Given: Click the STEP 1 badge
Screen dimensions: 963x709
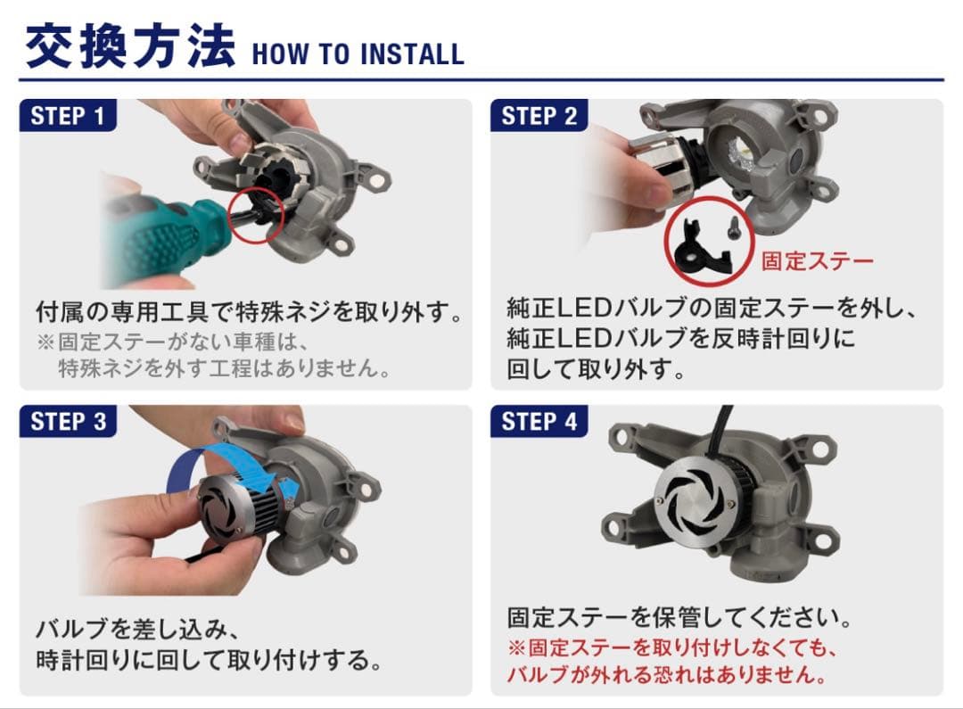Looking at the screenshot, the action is click(x=68, y=115).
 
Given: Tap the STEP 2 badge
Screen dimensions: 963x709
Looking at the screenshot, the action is click(x=539, y=115).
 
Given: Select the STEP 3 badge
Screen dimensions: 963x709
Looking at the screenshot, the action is click(x=68, y=421).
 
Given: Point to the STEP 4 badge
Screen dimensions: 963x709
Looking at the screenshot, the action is click(x=539, y=421).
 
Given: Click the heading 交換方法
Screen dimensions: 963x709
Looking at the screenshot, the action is click(x=130, y=46).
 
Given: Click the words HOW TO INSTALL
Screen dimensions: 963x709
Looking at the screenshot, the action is click(x=358, y=54).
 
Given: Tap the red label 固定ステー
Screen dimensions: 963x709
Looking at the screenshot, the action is click(x=817, y=260).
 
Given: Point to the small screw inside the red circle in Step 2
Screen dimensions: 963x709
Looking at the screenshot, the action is click(x=734, y=227).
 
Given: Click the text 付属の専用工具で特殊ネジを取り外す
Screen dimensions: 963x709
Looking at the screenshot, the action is click(x=250, y=312).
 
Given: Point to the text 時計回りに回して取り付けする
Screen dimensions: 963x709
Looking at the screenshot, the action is click(x=209, y=660).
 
